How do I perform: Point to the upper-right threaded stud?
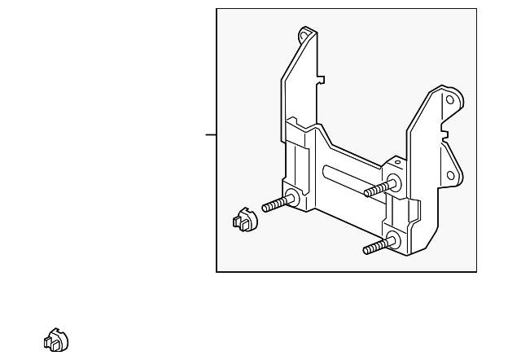pyautogui.click(x=377, y=189)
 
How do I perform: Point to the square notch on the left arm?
pyautogui.click(x=321, y=81)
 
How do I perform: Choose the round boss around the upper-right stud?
pyautogui.click(x=394, y=182)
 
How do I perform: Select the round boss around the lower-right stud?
pyautogui.click(x=395, y=239)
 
